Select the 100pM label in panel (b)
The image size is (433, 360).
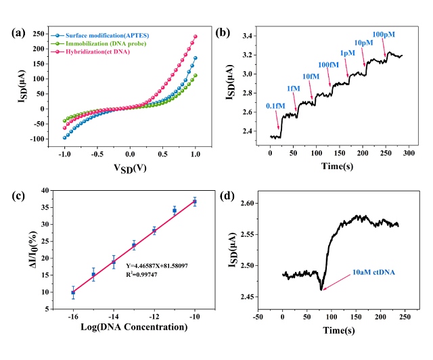384,33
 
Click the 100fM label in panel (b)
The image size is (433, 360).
329,64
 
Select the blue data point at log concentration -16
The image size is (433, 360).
73,292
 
